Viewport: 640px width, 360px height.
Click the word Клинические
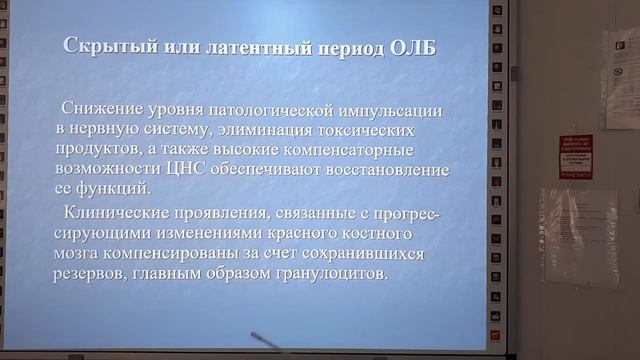click(115, 212)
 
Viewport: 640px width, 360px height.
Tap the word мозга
click(79, 253)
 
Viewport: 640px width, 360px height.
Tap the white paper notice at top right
click(621, 64)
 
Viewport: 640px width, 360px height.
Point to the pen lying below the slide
click(268, 342)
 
